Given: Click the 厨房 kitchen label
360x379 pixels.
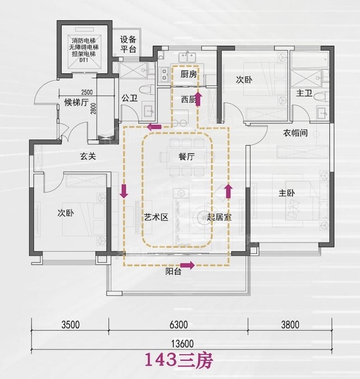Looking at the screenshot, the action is (x=188, y=74).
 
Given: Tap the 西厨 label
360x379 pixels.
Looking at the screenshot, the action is (x=188, y=99).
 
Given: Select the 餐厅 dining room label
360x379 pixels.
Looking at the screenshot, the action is (x=186, y=156).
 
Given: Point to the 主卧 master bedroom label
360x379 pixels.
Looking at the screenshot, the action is (x=287, y=193).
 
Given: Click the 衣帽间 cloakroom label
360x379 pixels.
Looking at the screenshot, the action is (x=295, y=133).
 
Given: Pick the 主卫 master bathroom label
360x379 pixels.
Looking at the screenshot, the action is (x=304, y=93).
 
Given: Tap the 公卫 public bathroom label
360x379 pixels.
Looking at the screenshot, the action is (x=130, y=98).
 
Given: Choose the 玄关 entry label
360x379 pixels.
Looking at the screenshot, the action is (x=88, y=156).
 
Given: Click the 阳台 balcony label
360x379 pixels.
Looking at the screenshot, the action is (x=173, y=271).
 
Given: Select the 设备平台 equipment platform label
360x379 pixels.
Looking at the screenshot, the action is (x=128, y=44).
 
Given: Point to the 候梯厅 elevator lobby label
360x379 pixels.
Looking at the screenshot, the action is (x=76, y=103).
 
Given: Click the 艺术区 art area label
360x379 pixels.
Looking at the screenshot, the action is (x=156, y=217).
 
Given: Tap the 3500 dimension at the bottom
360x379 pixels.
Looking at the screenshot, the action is (x=71, y=325).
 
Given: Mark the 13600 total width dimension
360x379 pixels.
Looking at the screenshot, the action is (x=182, y=343).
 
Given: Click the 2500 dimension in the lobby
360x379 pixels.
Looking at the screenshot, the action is (x=87, y=92).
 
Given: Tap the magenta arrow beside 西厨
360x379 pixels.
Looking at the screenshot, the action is (x=199, y=99).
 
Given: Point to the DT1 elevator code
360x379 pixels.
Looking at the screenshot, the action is (x=84, y=60).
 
